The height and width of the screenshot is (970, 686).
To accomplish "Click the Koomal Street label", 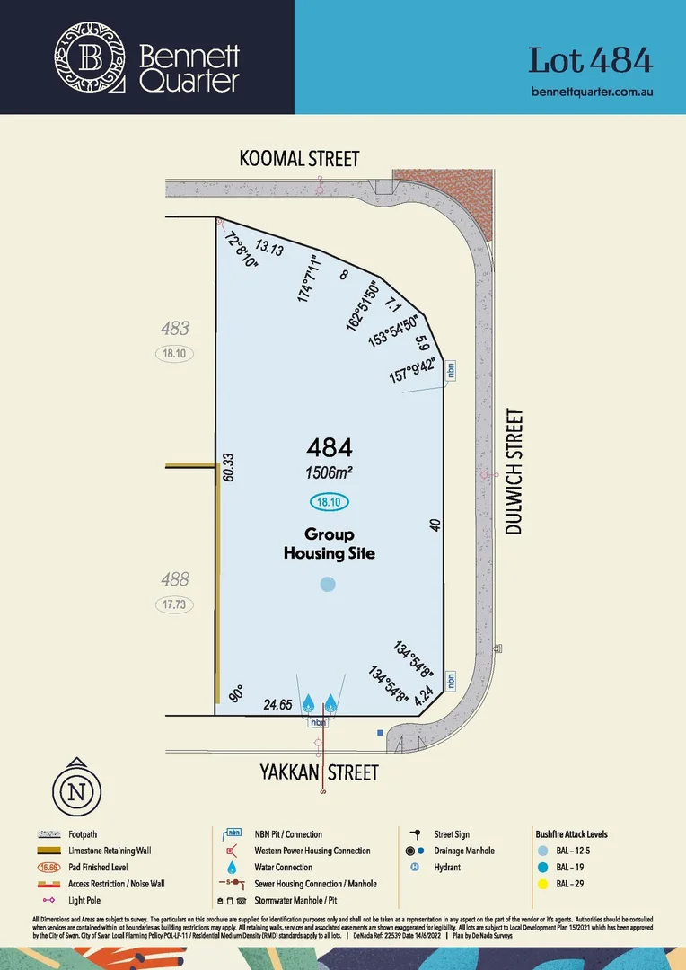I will pos(299,159).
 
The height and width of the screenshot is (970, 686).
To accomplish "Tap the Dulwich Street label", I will pos(514,472).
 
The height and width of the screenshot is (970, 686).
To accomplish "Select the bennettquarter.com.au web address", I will pos(592,92).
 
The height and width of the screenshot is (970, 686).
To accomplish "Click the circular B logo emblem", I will pos(90,58).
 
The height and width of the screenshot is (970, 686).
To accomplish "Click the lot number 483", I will pos(174,330).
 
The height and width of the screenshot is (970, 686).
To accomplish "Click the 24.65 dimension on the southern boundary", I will pos(277,705).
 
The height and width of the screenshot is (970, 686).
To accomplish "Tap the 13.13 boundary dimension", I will pos(269,247).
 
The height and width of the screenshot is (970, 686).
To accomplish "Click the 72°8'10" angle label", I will pos(241,251).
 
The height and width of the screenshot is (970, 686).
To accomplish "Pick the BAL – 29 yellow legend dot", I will pos(541,884).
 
